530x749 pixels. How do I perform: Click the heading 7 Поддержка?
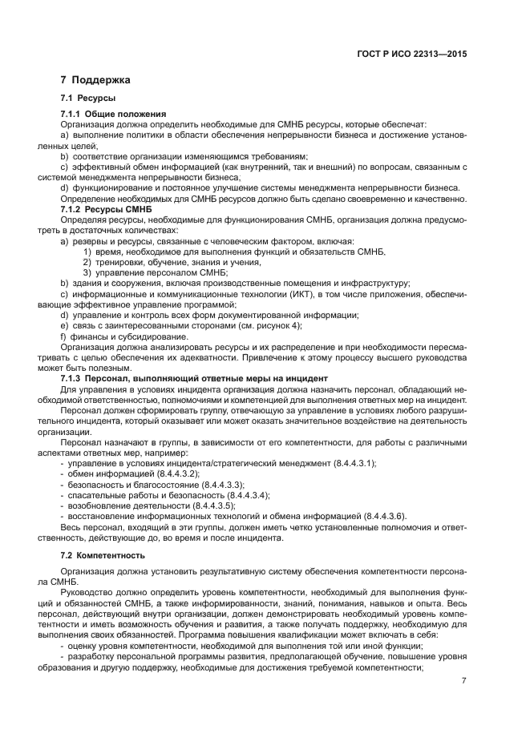click(95, 80)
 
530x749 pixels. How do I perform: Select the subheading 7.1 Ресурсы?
click(87, 98)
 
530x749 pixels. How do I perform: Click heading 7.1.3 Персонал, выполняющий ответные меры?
click(188, 377)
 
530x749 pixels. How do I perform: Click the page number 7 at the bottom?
click(464, 681)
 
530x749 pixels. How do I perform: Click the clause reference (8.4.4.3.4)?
click(239, 495)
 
